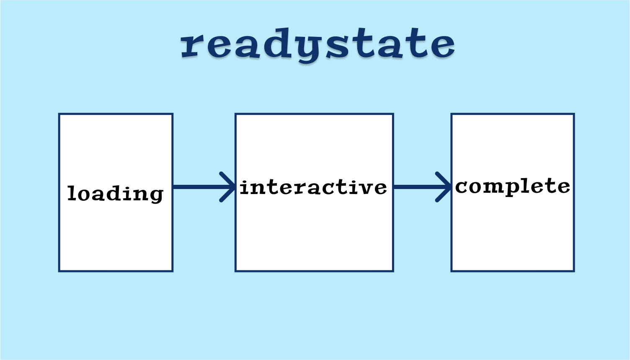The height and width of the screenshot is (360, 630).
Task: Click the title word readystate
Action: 318,45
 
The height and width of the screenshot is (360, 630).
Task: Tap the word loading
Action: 115,194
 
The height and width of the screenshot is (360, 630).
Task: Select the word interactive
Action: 313,187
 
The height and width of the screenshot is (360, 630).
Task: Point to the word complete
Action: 512,186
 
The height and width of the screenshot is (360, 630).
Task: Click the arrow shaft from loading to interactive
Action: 203,187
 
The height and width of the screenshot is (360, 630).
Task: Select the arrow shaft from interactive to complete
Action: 421,187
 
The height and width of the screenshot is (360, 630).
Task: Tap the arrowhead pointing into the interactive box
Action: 227,187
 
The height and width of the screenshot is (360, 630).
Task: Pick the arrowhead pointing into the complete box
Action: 443,187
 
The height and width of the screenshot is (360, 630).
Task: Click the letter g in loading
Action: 155,196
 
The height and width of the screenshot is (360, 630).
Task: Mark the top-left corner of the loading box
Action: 59,114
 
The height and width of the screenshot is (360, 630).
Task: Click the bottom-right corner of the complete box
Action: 574,271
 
